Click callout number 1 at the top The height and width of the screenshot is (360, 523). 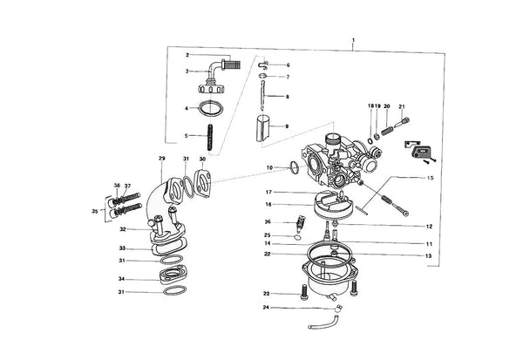pos(353,40)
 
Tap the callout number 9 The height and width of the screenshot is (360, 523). pos(287,126)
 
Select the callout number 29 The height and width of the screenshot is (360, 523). pos(162,158)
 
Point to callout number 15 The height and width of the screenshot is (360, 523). pos(431,178)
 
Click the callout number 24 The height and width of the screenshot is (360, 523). pos(266,308)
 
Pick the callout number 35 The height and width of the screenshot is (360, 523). pos(95,211)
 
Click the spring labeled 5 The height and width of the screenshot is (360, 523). pos(210,137)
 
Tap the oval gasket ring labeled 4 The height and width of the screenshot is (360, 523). pos(210,109)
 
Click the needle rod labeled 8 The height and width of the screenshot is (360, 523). pos(262,94)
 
